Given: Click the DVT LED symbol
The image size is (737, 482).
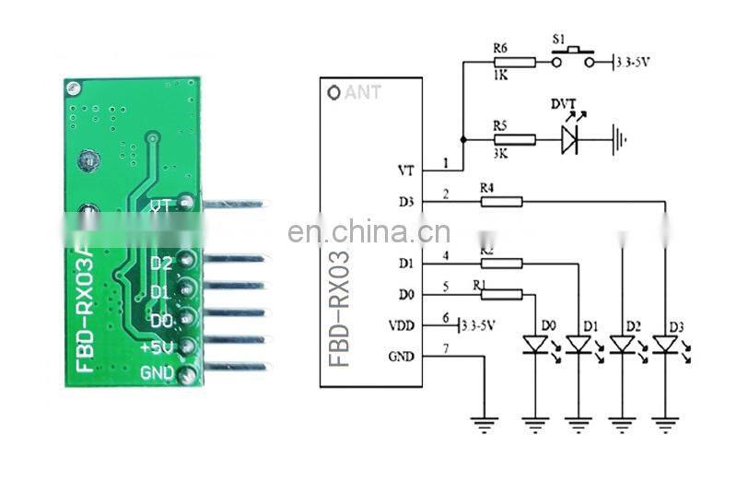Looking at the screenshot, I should [x=571, y=139].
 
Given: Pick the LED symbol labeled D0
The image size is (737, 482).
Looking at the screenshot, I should [x=535, y=345].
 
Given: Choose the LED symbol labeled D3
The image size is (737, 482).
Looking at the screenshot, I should [x=664, y=345].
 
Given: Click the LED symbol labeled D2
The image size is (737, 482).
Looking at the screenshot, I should [x=622, y=345].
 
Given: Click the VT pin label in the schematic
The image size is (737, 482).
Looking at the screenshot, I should [x=405, y=170].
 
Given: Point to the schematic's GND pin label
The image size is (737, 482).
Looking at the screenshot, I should [x=402, y=356].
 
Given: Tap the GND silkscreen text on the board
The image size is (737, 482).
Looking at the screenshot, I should [x=156, y=373].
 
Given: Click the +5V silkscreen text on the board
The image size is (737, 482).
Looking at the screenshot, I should [x=157, y=347].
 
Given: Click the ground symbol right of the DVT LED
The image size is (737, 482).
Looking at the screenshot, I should [x=620, y=140].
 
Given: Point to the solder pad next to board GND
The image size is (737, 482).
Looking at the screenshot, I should [x=188, y=374].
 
